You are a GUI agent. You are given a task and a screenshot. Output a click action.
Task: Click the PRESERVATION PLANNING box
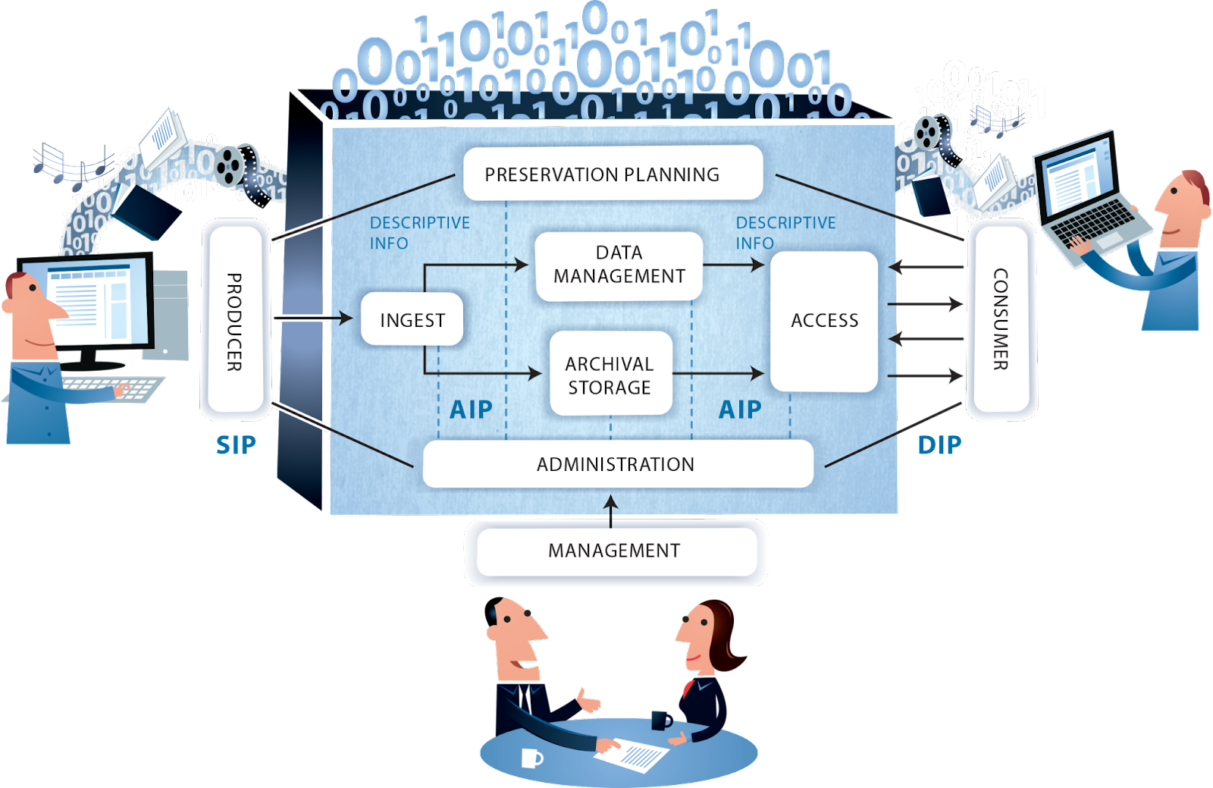tap(613, 174)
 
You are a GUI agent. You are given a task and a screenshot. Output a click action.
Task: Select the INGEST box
tap(412, 319)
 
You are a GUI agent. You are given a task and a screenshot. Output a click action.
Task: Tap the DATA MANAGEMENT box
tap(619, 265)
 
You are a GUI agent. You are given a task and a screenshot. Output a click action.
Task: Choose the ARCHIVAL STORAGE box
tap(610, 375)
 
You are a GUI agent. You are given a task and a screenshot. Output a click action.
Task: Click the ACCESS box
tap(824, 321)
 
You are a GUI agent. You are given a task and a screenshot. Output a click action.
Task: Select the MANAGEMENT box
tap(615, 551)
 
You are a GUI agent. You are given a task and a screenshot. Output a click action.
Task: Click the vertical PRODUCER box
tap(235, 322)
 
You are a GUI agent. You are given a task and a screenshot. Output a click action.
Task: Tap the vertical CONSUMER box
tap(1001, 320)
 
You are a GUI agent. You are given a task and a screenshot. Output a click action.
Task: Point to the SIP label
tap(236, 445)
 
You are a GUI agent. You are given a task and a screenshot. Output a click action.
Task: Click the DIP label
tap(939, 445)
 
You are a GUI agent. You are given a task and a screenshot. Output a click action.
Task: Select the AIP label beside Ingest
tap(471, 410)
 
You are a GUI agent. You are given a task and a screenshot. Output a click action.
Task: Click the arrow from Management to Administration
tap(611, 510)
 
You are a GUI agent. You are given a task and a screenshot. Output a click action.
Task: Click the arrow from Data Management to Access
tap(733, 265)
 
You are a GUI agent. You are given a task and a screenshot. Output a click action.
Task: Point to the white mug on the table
tap(532, 757)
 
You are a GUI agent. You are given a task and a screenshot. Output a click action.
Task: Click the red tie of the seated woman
tap(688, 689)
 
